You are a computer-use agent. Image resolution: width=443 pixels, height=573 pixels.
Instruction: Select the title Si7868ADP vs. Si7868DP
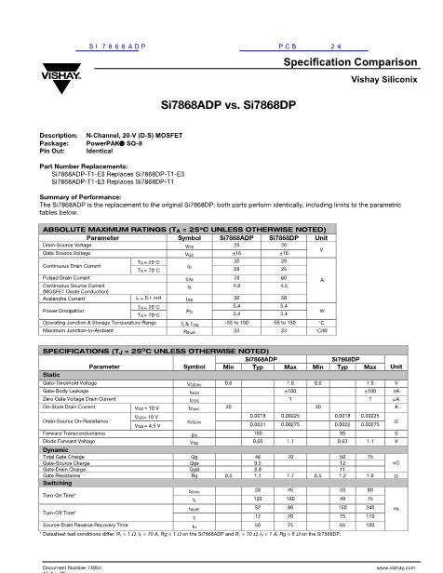pyautogui.click(x=221, y=106)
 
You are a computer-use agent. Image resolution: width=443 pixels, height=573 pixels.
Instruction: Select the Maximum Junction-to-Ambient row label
pyautogui.click(x=85, y=330)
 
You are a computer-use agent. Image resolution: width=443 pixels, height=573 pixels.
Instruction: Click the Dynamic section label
pyautogui.click(x=57, y=449)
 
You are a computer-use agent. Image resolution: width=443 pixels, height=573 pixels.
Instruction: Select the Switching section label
pyautogui.click(x=59, y=483)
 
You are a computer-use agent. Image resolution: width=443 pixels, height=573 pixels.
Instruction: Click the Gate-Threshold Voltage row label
pyautogui.click(x=76, y=382)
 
